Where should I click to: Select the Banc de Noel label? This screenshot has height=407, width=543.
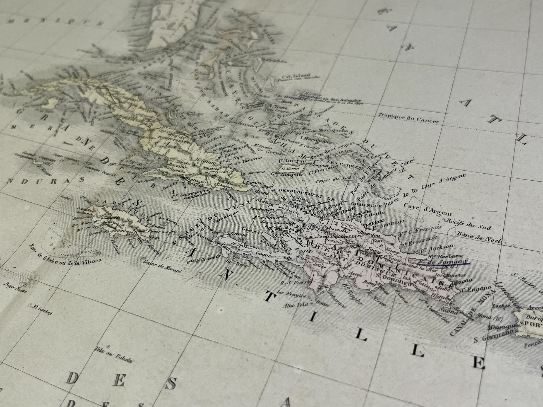[x=479, y=237]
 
